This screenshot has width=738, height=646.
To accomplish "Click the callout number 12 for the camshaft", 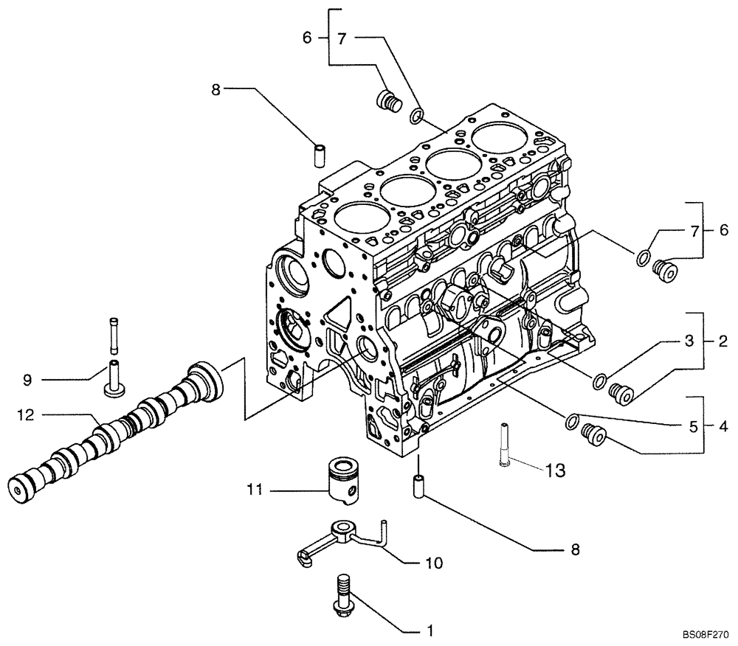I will (26, 416).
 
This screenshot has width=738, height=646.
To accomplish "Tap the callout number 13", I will (556, 469).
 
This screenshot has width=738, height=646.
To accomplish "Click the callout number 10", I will (434, 563).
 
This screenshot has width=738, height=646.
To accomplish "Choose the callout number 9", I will (27, 380).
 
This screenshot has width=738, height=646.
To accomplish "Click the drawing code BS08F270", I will (706, 633).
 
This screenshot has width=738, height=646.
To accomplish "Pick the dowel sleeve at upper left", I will (321, 156).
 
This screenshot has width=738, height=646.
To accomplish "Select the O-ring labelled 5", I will (570, 421).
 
